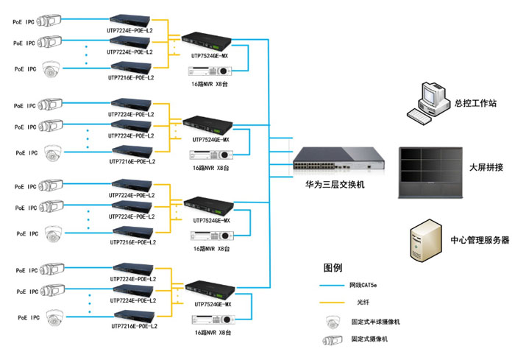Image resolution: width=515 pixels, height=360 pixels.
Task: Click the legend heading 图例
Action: [333, 267]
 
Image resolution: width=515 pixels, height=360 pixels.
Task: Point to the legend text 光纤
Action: [363, 303]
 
